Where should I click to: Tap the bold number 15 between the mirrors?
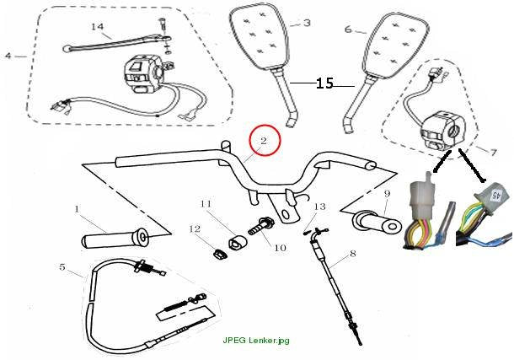(x=324, y=83)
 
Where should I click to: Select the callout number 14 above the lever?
(x=98, y=27)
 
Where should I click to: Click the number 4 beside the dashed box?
(x=8, y=56)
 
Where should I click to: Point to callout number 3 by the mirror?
(x=307, y=23)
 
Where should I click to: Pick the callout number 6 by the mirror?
(x=348, y=30)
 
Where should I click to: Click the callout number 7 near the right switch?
(x=493, y=152)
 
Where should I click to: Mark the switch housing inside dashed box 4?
(x=142, y=74)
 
